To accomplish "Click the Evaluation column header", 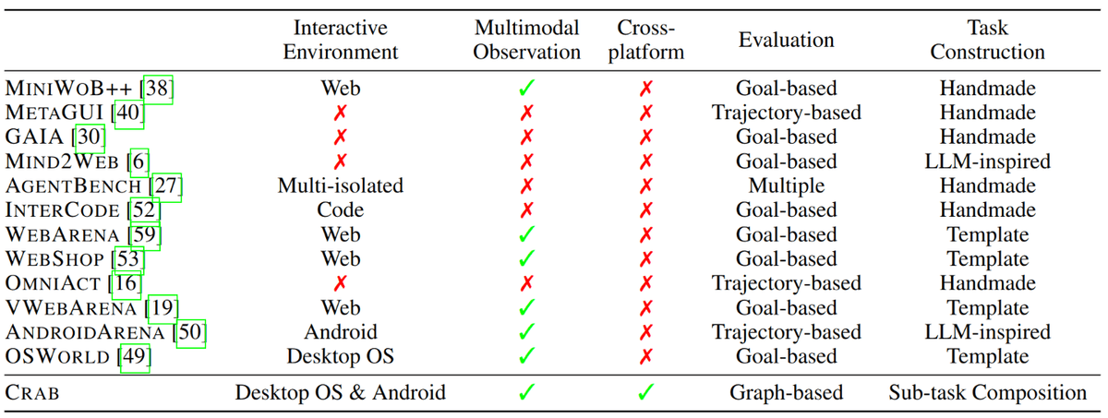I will tap(786, 40).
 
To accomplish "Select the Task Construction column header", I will tap(987, 40).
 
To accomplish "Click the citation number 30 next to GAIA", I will tap(90, 137).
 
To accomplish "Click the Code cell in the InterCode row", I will tap(341, 210).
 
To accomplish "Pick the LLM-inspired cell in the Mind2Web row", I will tap(987, 161).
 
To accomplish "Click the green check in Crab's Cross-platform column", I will tap(646, 393).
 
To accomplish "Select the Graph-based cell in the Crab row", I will tap(786, 393).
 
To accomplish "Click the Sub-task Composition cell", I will tap(987, 393).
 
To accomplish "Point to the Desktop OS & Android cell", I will tap(341, 393).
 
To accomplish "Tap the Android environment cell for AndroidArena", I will tap(341, 332).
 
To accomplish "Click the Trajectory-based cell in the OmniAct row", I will tap(786, 283).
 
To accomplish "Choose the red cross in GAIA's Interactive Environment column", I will tap(341, 137).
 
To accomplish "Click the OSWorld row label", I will tap(60, 357).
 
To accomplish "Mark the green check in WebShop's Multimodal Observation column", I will tap(527, 259).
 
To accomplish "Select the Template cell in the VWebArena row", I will tap(987, 308).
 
